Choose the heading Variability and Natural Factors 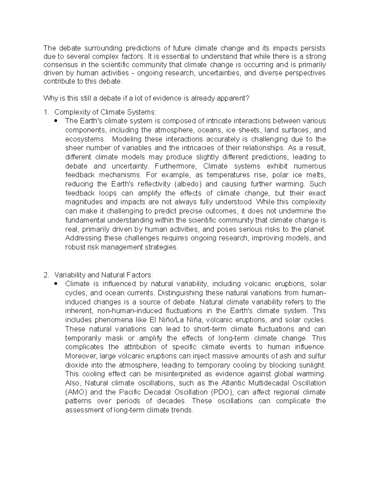pyautogui.click(x=103, y=275)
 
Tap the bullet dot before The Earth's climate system pyautogui.click(x=56, y=121)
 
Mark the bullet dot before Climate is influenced pyautogui.click(x=56, y=284)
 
